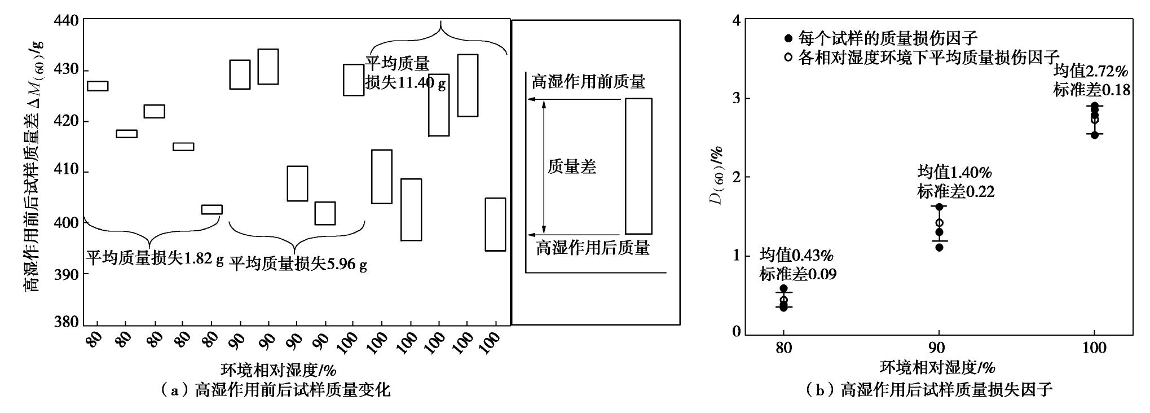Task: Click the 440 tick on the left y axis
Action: pyautogui.click(x=67, y=20)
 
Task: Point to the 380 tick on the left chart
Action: pyautogui.click(x=67, y=322)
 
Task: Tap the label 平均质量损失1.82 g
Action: pyautogui.click(x=155, y=258)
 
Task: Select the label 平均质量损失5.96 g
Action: pyautogui.click(x=298, y=263)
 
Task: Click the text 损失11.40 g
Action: pyautogui.click(x=405, y=83)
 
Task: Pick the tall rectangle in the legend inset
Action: pyautogui.click(x=638, y=166)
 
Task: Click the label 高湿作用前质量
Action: pyautogui.click(x=588, y=82)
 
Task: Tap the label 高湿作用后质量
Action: pyautogui.click(x=592, y=248)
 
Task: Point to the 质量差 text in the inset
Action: pyautogui.click(x=572, y=166)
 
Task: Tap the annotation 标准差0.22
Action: pyautogui.click(x=956, y=192)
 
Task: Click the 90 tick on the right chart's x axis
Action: pyautogui.click(x=938, y=348)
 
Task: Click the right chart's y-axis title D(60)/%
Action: pyautogui.click(x=717, y=176)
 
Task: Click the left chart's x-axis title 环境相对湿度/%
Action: pyautogui.click(x=278, y=370)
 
